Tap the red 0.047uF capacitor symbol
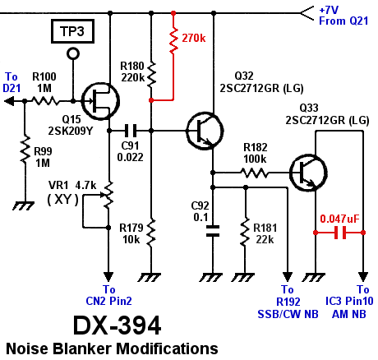(x=338, y=233)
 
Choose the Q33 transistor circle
(x=309, y=173)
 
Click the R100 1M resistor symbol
(x=45, y=101)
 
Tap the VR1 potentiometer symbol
(x=108, y=196)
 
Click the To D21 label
(x=12, y=81)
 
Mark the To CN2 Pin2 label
(x=108, y=295)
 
